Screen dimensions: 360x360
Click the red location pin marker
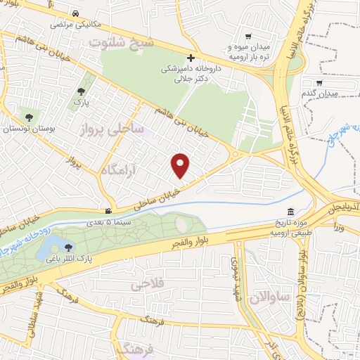[181, 166]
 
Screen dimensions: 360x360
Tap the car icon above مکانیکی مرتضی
[75, 13]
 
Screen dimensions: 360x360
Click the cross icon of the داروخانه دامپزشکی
[190, 59]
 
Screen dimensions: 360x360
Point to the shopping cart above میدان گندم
[339, 82]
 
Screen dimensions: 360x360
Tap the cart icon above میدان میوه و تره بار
[247, 37]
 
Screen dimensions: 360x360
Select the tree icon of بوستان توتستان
[29, 118]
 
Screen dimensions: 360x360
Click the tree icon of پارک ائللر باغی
[67, 246]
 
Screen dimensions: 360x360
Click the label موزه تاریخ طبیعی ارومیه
[289, 227]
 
